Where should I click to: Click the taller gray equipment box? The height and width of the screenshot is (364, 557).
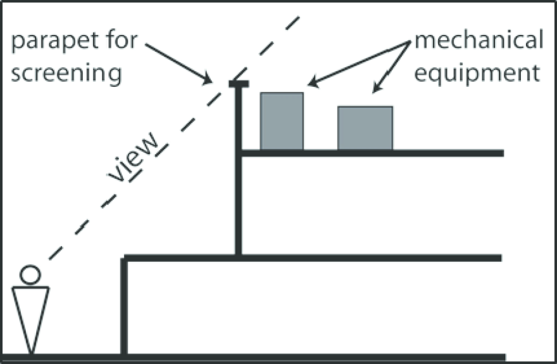(x=281, y=121)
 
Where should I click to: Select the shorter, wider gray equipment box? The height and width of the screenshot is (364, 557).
(x=365, y=128)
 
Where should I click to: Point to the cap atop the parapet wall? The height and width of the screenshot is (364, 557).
(x=238, y=84)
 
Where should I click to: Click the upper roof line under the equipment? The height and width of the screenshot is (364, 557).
(x=373, y=153)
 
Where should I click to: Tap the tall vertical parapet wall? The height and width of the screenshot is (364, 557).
(x=238, y=173)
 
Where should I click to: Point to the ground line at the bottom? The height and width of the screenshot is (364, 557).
(x=258, y=357)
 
